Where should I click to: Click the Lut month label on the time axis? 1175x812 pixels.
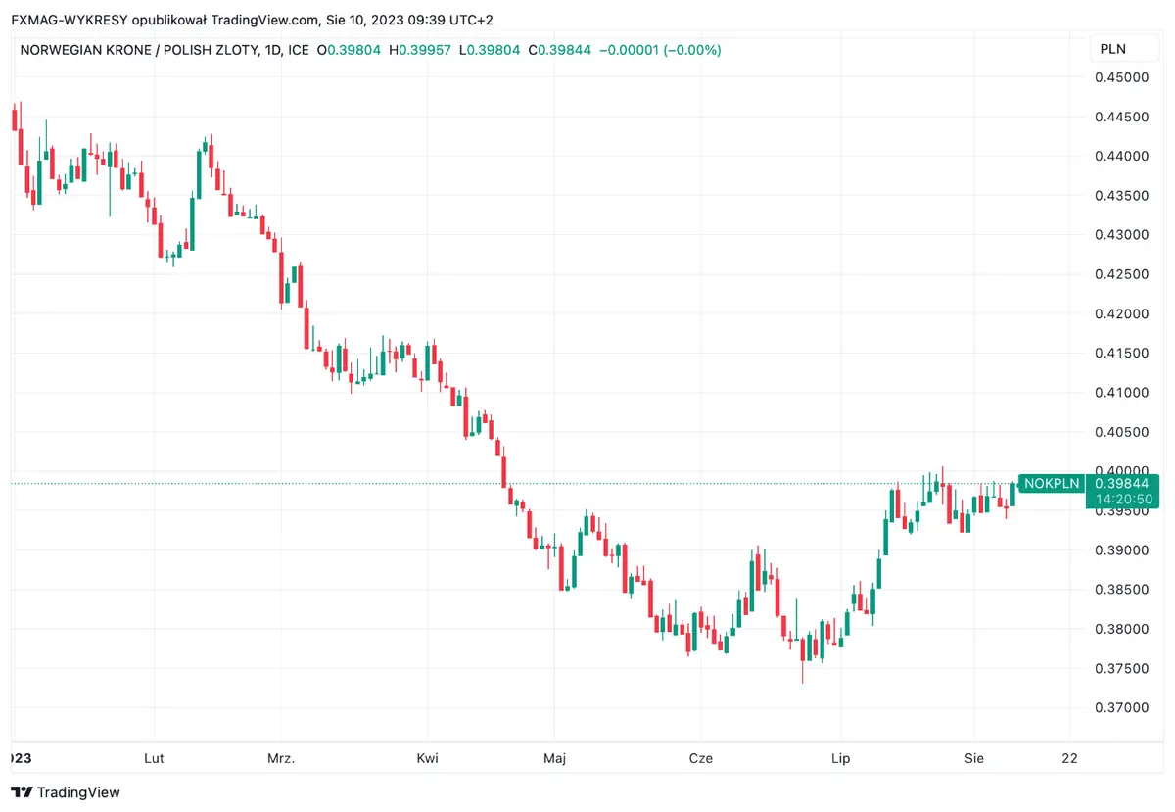154,758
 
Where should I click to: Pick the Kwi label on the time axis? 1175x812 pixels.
427,758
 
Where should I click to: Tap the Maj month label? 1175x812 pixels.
555,758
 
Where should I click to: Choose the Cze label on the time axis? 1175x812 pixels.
701,758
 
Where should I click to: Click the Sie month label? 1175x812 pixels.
973,758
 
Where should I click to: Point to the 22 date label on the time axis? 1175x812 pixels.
1069,758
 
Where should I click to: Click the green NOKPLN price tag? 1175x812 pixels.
1052,483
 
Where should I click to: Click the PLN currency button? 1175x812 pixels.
1113,49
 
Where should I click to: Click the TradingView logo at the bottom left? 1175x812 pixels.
66,791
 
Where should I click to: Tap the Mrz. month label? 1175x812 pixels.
281,758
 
